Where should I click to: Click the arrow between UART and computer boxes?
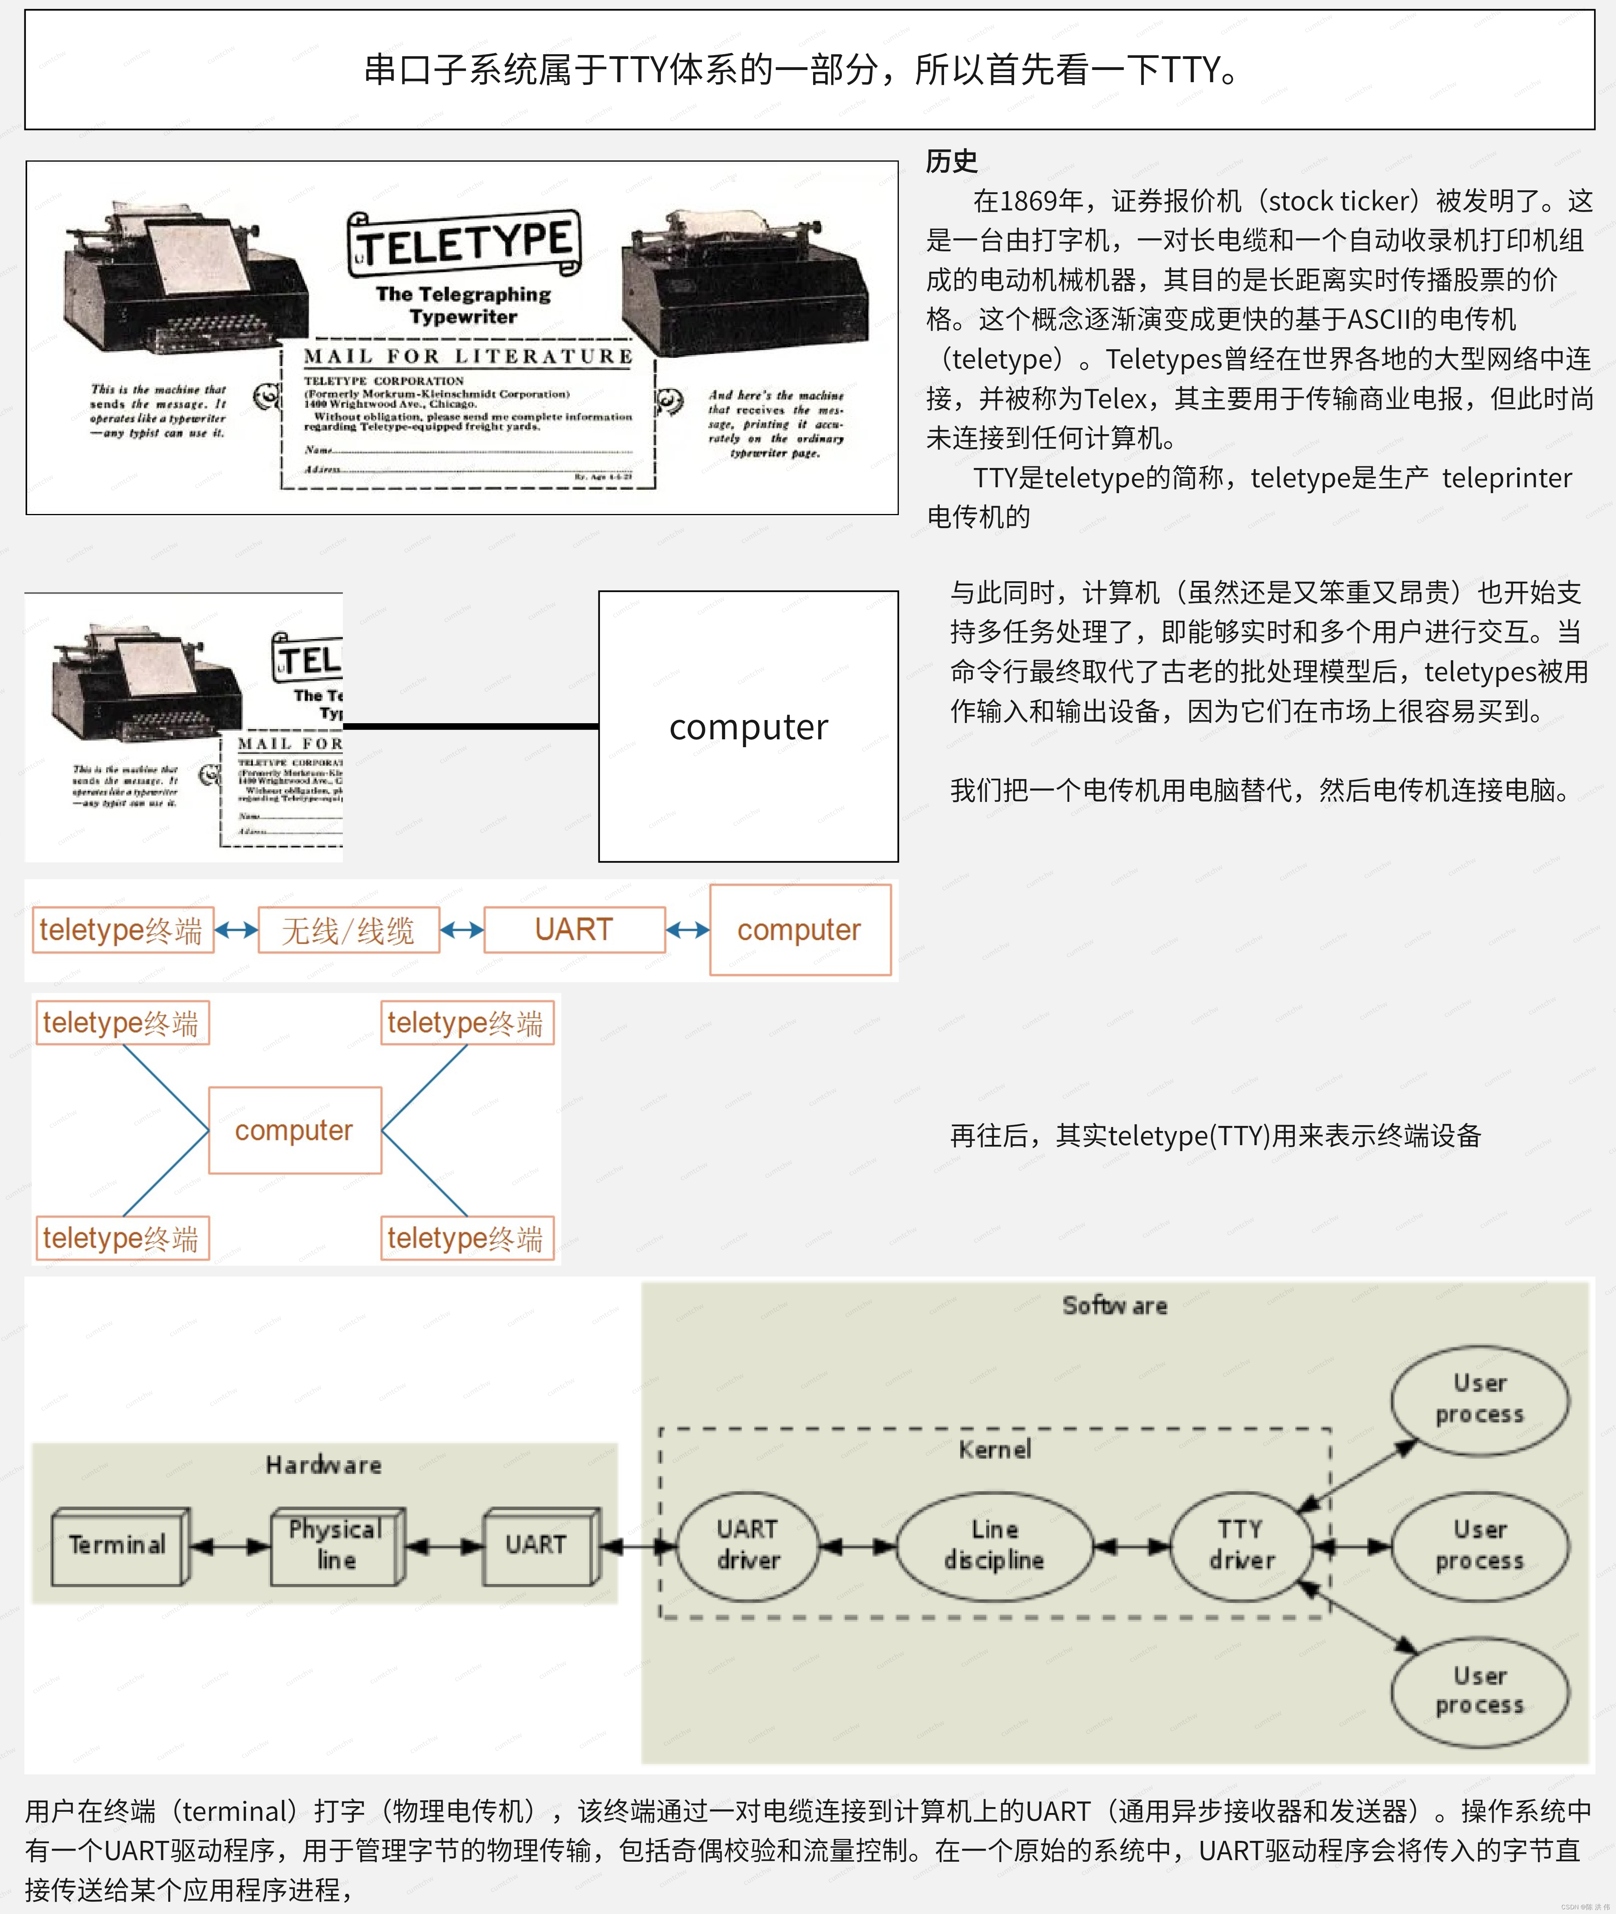tap(687, 930)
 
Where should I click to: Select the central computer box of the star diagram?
tap(294, 1130)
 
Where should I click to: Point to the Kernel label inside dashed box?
tap(994, 1448)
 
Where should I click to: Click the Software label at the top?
tap(1114, 1305)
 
